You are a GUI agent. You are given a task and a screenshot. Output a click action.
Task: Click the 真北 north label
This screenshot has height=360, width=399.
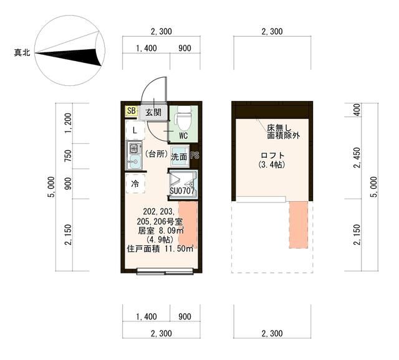click(x=23, y=53)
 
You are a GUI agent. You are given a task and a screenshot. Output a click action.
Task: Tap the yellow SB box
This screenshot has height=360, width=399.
click(x=131, y=111)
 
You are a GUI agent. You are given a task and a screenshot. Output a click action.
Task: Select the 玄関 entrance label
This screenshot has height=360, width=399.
click(x=153, y=113)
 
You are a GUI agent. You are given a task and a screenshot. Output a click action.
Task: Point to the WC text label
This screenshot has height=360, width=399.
click(x=184, y=135)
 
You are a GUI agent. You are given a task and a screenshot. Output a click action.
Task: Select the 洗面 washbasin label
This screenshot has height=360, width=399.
click(x=180, y=157)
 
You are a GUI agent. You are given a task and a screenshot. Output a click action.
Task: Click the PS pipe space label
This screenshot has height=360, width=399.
click(x=195, y=156)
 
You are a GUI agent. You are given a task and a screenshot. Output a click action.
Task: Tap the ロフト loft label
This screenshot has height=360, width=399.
click(x=272, y=156)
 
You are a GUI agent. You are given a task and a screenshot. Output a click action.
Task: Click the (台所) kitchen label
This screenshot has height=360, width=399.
click(x=155, y=153)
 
